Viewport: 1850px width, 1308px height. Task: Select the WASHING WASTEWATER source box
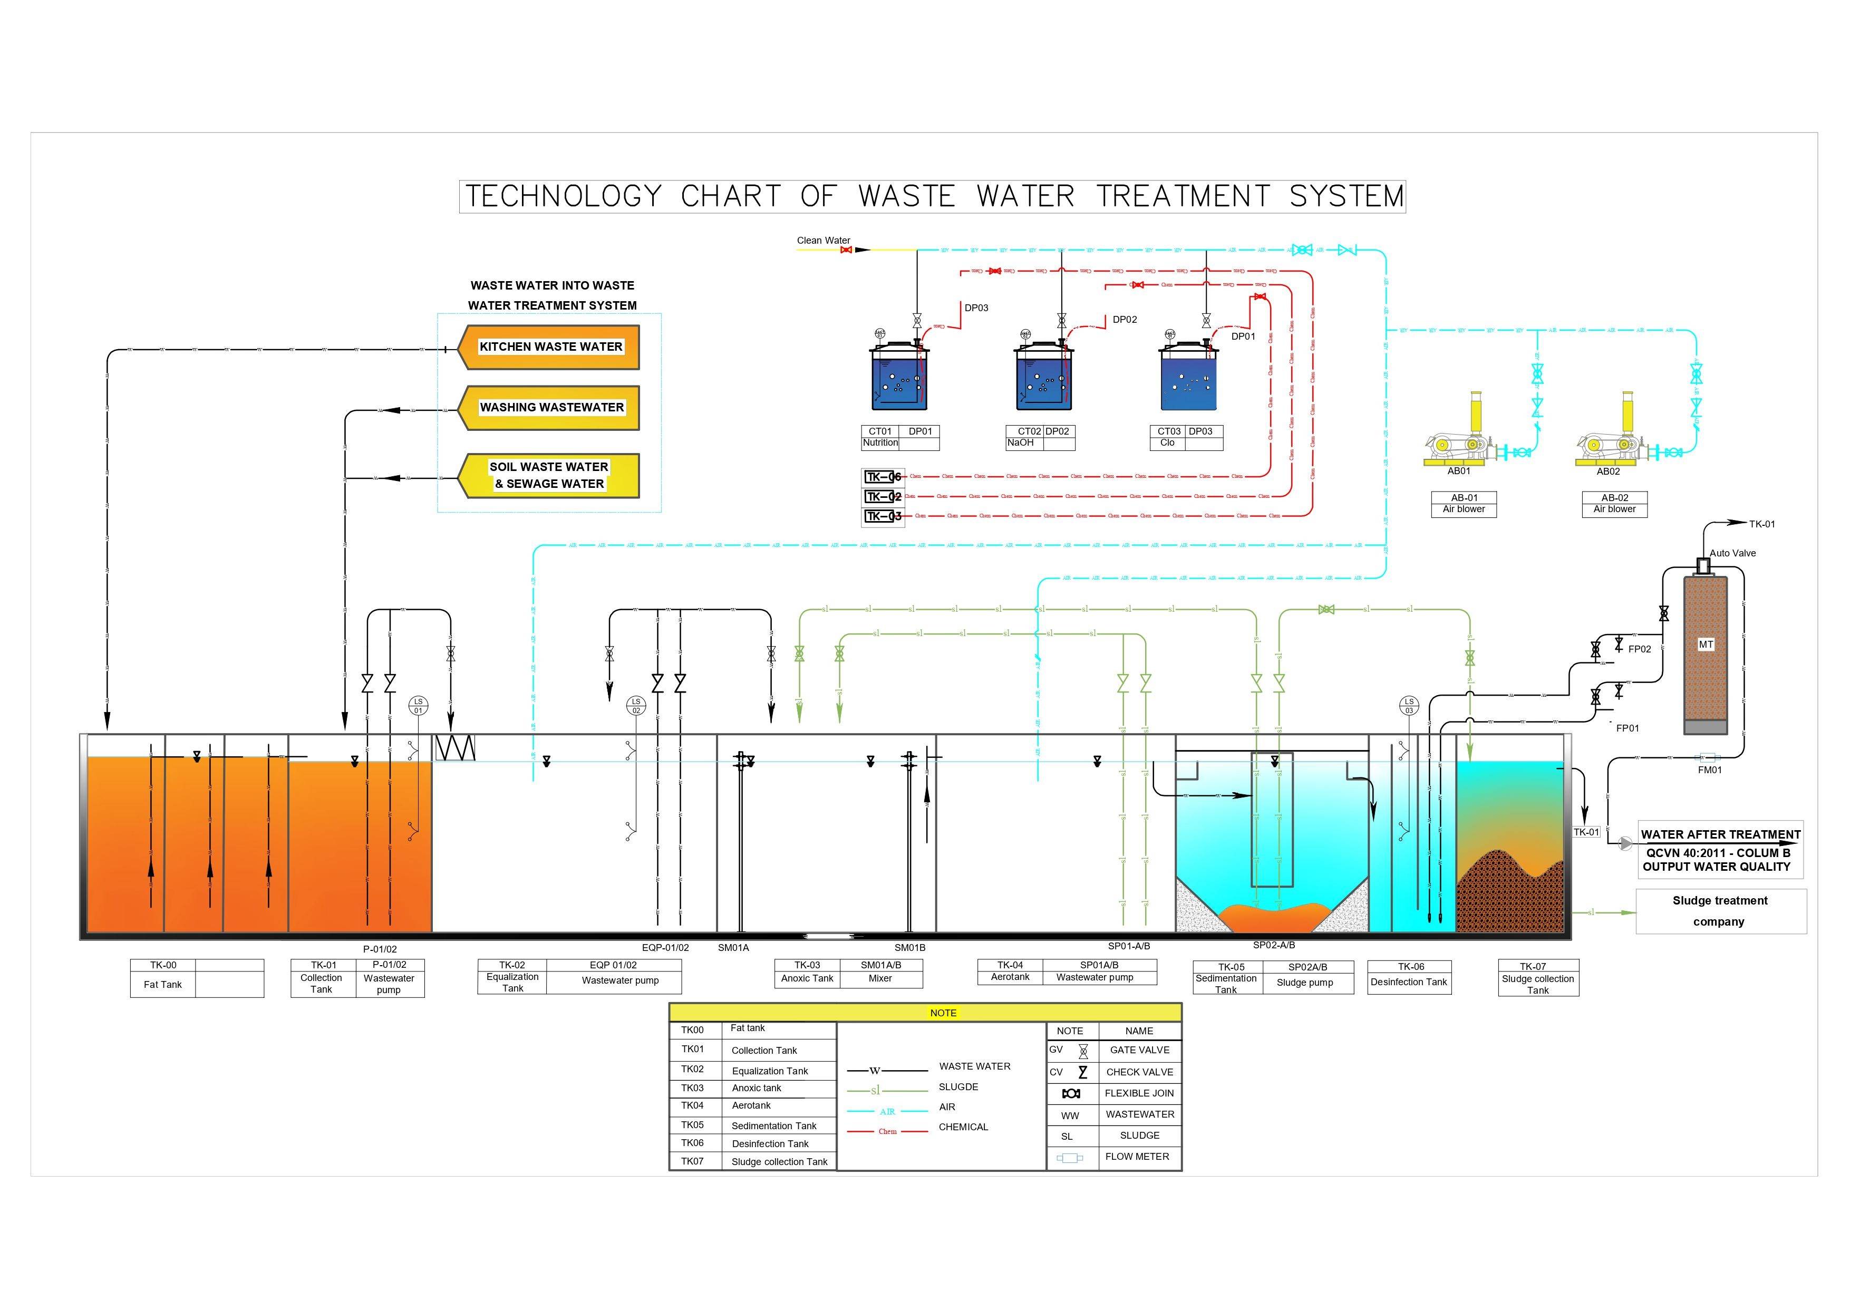pyautogui.click(x=551, y=408)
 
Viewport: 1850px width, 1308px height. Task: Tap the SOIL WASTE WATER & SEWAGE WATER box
pyautogui.click(x=550, y=476)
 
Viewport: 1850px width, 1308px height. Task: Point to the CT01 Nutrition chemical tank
pyautogui.click(x=898, y=377)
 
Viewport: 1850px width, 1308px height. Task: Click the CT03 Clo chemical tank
pyautogui.click(x=1188, y=377)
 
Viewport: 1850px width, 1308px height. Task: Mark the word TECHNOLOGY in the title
pyautogui.click(x=563, y=197)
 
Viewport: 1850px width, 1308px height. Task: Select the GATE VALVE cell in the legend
pyautogui.click(x=1139, y=1050)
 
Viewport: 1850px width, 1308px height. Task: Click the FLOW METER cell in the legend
pyautogui.click(x=1137, y=1157)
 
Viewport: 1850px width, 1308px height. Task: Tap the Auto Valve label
pyautogui.click(x=1732, y=553)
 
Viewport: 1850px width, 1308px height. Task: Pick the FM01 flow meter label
pyautogui.click(x=1710, y=770)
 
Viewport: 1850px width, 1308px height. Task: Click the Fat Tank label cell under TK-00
pyautogui.click(x=163, y=985)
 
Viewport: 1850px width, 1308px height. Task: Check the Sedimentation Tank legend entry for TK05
pyautogui.click(x=773, y=1126)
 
